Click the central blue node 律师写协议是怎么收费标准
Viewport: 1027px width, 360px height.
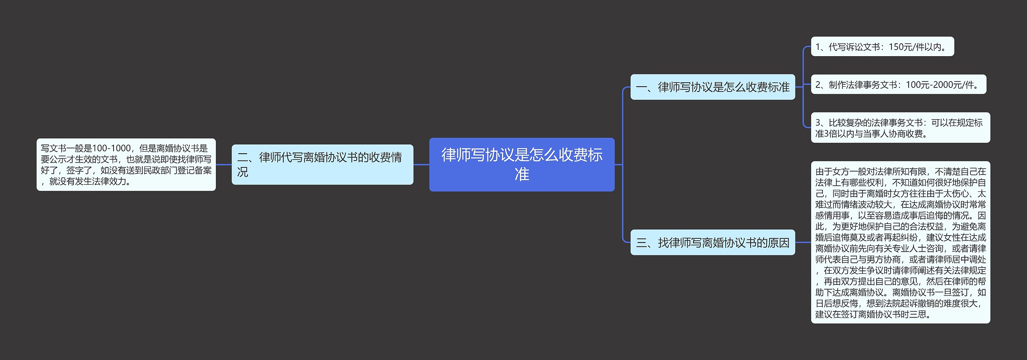(522, 165)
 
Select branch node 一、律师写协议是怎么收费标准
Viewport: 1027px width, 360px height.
(712, 87)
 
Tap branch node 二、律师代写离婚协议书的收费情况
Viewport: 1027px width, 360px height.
(322, 165)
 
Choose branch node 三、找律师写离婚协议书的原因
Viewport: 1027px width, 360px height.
(712, 243)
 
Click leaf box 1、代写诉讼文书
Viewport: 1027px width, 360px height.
(882, 47)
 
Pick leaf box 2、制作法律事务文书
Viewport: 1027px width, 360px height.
(898, 85)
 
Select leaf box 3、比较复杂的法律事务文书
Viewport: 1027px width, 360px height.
(900, 128)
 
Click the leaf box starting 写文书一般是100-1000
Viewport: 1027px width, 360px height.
(126, 165)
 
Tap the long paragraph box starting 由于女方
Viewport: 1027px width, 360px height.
(900, 242)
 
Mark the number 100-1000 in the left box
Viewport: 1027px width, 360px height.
(111, 148)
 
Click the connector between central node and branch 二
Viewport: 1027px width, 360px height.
(421, 165)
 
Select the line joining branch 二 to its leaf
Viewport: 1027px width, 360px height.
(223, 165)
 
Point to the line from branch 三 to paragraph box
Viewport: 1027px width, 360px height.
(803, 242)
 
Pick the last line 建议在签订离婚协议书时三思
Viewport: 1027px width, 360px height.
(873, 314)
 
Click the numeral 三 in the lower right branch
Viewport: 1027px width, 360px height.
(641, 243)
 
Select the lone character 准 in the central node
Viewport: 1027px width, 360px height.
(522, 175)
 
